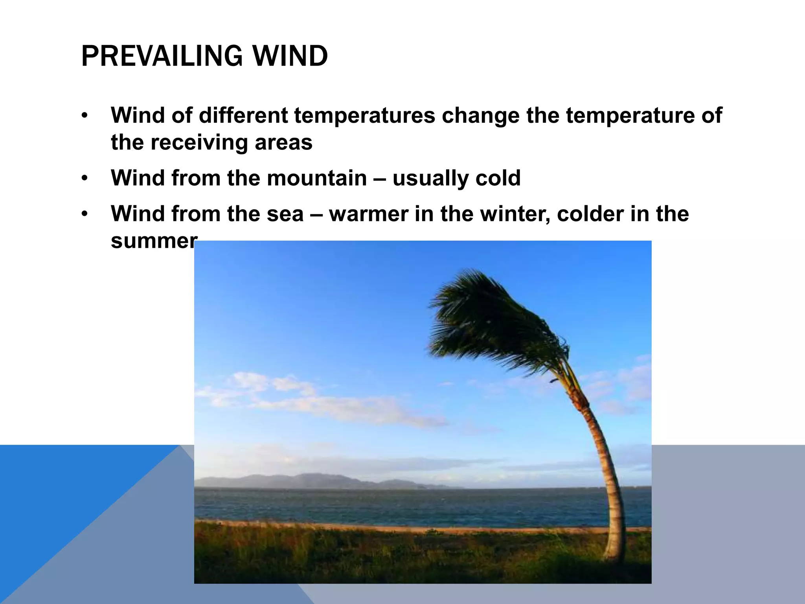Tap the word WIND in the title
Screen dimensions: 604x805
290,56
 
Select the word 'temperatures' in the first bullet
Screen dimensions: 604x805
364,116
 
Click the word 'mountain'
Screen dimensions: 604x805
316,178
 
